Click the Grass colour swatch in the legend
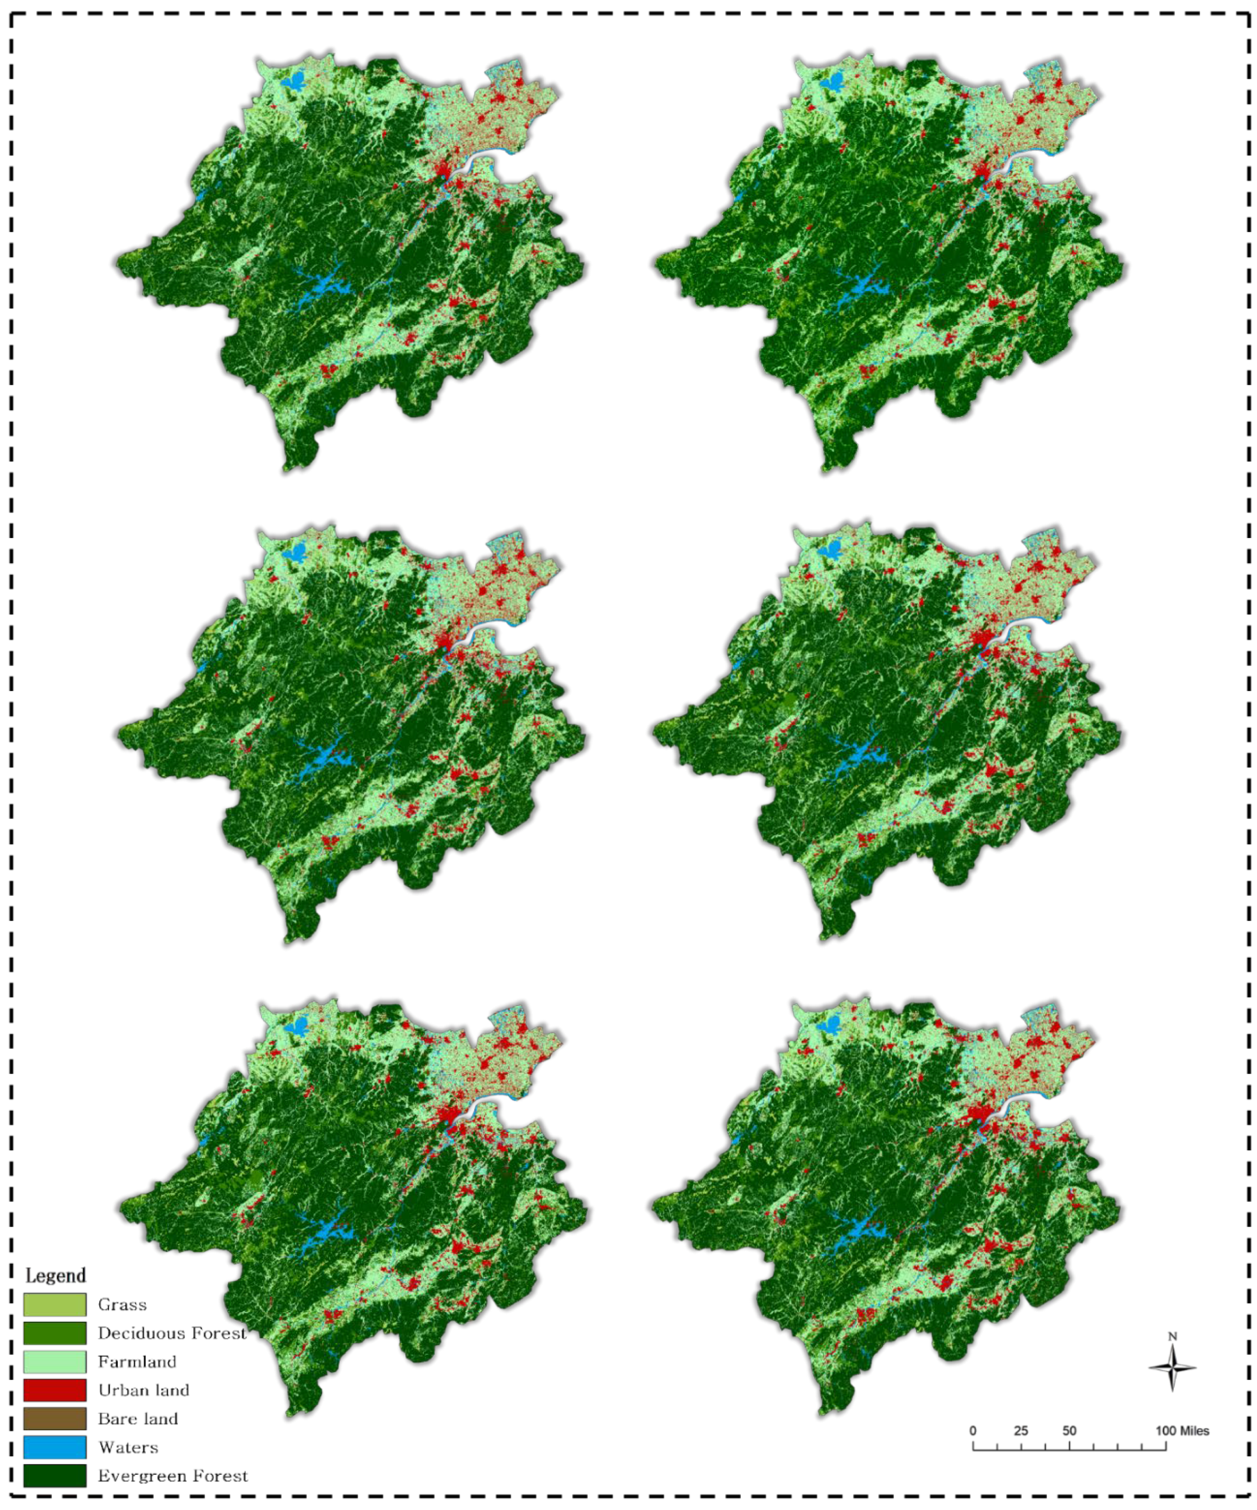click(55, 1304)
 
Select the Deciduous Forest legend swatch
click(55, 1333)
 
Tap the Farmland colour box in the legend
click(55, 1361)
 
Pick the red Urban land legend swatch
click(55, 1390)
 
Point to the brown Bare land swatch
click(55, 1418)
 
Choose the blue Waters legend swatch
click(55, 1447)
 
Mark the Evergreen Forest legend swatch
click(55, 1475)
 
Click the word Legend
click(56, 1275)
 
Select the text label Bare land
click(137, 1418)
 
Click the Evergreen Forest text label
click(173, 1475)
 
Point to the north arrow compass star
click(1172, 1368)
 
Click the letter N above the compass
click(1172, 1336)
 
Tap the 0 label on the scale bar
click(973, 1431)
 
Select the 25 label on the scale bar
click(1021, 1431)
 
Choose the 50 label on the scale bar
click(1069, 1431)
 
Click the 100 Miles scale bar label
click(1182, 1431)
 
